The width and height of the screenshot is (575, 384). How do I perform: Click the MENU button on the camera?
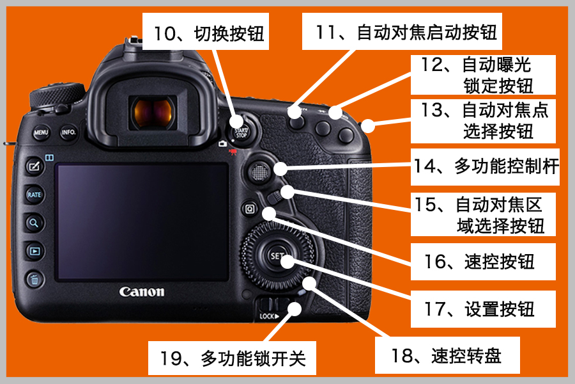click(x=41, y=132)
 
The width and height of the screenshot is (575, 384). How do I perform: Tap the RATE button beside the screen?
click(x=34, y=195)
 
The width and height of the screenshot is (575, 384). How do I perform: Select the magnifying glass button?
click(x=34, y=223)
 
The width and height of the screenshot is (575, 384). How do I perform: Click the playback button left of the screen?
click(x=34, y=251)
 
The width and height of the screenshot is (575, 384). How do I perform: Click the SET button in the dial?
click(x=276, y=256)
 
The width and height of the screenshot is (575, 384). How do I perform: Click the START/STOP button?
click(x=241, y=132)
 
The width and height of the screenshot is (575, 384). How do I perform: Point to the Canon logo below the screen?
click(x=142, y=292)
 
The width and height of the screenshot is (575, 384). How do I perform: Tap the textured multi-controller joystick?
click(x=259, y=172)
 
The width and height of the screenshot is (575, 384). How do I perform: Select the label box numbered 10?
click(x=206, y=31)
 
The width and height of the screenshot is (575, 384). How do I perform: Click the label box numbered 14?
click(x=485, y=167)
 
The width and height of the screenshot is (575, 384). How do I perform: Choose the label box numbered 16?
click(x=483, y=262)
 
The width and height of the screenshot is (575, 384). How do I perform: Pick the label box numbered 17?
click(x=483, y=309)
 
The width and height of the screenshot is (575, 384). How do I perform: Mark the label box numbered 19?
click(x=232, y=358)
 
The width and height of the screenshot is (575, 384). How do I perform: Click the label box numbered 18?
click(x=447, y=355)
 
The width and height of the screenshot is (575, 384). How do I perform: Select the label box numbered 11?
click(x=402, y=31)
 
